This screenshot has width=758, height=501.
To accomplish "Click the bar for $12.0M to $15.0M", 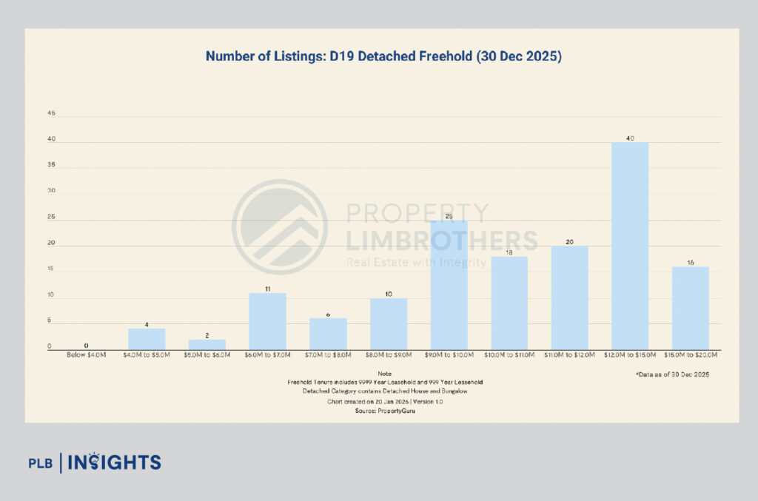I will click(630, 246).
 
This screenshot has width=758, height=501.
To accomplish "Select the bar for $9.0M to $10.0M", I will click(449, 285).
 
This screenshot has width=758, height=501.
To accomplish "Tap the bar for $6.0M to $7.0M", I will click(267, 321).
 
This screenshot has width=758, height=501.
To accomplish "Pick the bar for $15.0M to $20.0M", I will click(691, 308).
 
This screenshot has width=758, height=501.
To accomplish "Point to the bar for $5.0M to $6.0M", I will click(207, 345).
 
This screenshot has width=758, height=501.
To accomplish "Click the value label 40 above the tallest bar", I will click(630, 137).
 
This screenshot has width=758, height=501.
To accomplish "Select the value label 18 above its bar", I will click(509, 252).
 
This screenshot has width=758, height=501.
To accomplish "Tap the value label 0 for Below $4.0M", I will click(87, 346).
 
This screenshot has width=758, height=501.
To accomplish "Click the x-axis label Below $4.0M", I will click(87, 356).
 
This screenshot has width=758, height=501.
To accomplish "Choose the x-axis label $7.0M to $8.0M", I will click(328, 356).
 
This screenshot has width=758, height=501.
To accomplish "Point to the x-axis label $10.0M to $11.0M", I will click(509, 356).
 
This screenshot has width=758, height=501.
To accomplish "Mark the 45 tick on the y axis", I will click(51, 114).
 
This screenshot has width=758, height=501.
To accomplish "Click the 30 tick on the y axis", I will click(51, 192).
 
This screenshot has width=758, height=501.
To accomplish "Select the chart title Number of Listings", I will click(383, 56).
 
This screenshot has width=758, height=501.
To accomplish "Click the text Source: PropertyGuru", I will click(384, 410).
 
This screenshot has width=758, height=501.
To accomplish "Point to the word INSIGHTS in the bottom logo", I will click(114, 463).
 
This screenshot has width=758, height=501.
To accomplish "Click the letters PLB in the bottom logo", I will click(42, 464).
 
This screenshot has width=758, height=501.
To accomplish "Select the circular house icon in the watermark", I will click(280, 226).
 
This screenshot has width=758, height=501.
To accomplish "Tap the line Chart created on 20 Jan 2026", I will click(384, 400).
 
